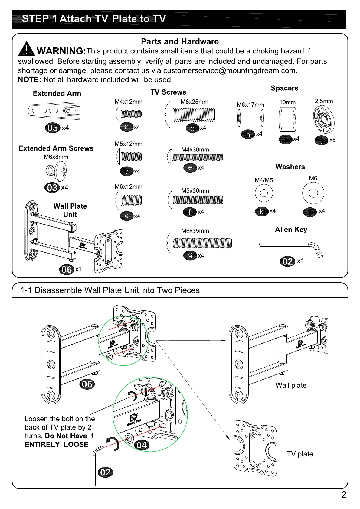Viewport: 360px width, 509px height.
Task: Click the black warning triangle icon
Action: point(27,49)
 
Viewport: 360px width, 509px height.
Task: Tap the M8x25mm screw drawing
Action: point(190,115)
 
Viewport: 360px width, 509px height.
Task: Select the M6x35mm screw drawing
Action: point(199,243)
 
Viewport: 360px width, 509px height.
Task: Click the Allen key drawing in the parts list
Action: point(291,247)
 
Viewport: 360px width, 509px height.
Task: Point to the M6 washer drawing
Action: point(313,193)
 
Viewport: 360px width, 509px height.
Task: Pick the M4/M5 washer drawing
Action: point(264,193)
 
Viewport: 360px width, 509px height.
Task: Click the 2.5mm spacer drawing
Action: point(323,119)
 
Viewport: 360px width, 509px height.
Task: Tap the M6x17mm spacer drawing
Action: point(251,118)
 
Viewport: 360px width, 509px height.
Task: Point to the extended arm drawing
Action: point(55,111)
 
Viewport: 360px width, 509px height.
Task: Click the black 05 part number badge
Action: point(52,128)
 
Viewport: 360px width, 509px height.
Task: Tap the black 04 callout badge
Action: point(142,445)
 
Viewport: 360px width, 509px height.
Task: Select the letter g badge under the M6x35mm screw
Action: point(190,255)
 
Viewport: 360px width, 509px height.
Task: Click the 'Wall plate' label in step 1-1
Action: point(291,385)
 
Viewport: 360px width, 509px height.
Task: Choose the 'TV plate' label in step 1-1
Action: point(299,454)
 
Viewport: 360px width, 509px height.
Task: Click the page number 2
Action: point(344,495)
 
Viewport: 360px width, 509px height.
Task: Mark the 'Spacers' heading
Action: point(284,88)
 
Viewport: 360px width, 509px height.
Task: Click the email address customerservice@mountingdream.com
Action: point(230,71)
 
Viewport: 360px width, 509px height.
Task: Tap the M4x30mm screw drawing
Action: point(195,157)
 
